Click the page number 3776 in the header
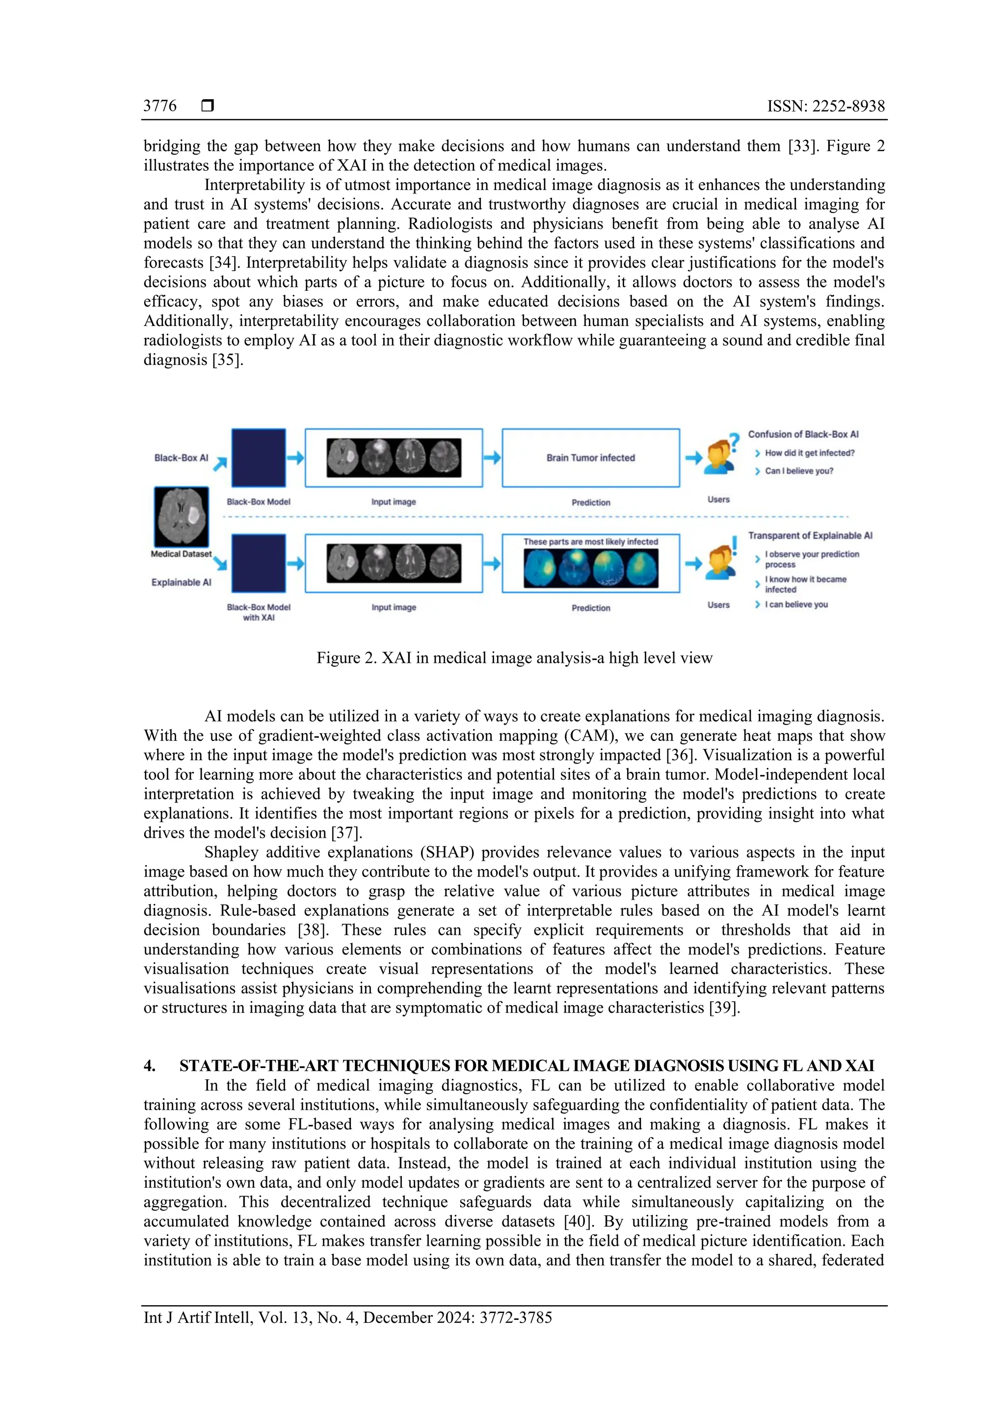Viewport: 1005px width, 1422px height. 159,106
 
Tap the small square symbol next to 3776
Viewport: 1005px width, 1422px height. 208,106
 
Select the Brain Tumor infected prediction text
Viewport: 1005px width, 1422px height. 590,458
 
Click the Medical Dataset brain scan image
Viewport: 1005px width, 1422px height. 181,516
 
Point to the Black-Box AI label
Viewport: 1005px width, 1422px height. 181,458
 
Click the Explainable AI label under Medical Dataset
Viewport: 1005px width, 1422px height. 181,582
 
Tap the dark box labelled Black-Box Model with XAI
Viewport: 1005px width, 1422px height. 259,564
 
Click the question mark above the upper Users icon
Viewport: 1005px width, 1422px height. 734,441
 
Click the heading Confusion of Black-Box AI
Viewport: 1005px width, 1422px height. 803,434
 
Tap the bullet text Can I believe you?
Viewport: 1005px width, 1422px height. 798,471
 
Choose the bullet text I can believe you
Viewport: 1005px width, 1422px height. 796,604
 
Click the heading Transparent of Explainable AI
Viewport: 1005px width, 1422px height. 809,535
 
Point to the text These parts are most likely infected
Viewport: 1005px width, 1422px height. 590,541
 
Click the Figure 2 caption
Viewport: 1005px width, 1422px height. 514,658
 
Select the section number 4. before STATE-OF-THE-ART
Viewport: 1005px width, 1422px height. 150,1066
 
